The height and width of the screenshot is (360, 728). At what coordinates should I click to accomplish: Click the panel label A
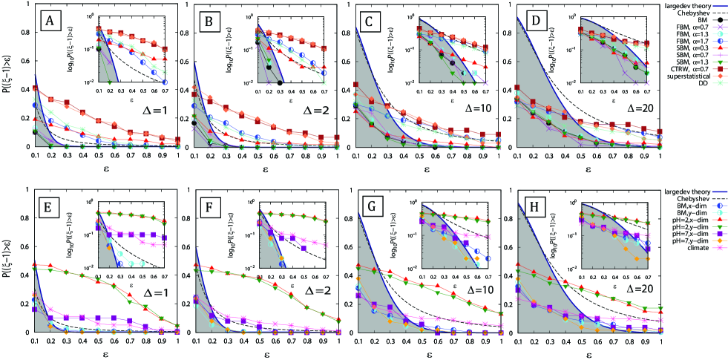click(50, 20)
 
